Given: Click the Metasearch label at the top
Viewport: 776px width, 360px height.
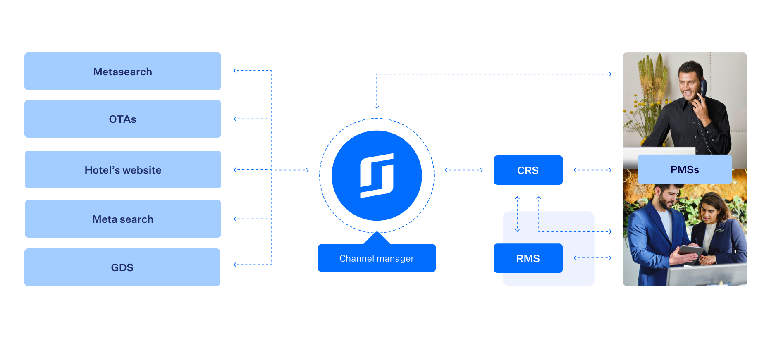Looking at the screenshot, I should (x=123, y=72).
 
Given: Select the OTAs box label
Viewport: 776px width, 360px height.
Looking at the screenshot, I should (x=122, y=119).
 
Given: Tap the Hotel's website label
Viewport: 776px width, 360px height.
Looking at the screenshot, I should (x=123, y=170).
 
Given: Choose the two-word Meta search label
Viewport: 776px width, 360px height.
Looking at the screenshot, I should (x=123, y=219).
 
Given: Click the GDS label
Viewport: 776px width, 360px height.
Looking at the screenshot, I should (x=122, y=268).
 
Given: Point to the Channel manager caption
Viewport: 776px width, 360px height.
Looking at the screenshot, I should (x=377, y=259).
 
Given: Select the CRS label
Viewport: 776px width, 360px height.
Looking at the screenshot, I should (x=528, y=171).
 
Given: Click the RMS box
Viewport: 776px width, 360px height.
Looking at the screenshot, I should (x=528, y=259).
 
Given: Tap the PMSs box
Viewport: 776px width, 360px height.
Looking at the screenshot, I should (x=685, y=170).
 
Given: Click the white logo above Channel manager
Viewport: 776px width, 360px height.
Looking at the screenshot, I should (x=377, y=175).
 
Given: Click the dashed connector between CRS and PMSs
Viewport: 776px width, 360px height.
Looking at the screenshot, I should (x=592, y=171).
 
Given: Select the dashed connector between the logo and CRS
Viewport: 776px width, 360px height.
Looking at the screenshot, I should (x=463, y=171).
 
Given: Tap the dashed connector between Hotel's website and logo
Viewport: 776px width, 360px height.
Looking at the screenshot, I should (x=271, y=170).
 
